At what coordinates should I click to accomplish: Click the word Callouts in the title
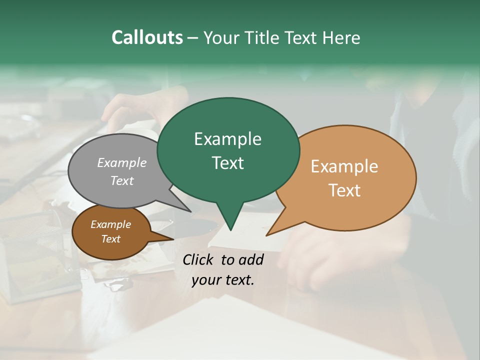147,37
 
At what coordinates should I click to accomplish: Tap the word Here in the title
342,37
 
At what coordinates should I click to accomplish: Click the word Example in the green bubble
227,139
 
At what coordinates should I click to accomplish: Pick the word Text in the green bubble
227,163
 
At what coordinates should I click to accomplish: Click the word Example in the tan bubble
344,166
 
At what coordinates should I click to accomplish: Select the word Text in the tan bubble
344,190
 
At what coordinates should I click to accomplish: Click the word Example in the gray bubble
122,162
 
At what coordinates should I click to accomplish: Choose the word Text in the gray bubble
122,180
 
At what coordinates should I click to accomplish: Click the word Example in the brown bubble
110,224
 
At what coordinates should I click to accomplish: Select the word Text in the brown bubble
110,239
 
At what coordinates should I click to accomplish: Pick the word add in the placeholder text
251,259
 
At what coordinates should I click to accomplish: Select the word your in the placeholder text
205,280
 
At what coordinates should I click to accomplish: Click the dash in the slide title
193,38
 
